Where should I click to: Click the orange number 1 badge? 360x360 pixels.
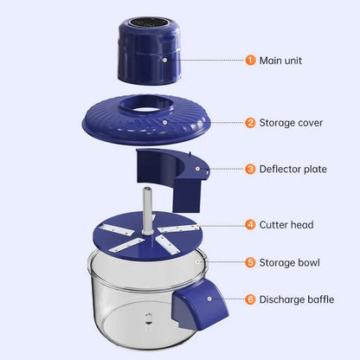coord(250,61)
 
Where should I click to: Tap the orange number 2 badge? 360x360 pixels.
coord(250,123)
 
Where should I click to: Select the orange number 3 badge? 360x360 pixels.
coord(250,169)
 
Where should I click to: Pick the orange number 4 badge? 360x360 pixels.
coord(250,224)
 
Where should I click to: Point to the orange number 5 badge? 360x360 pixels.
coord(250,261)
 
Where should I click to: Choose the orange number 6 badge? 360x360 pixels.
coord(250,299)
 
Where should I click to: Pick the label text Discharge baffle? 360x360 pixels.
coord(299,299)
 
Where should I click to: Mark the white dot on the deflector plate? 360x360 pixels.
coord(196,170)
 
